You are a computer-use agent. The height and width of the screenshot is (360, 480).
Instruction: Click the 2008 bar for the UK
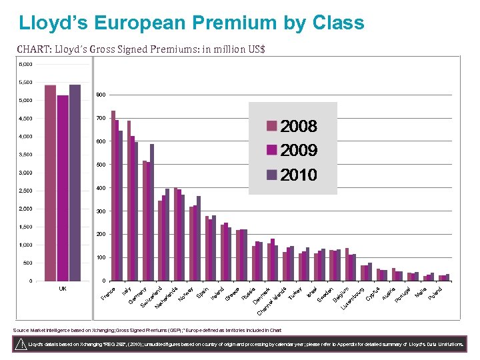(50, 183)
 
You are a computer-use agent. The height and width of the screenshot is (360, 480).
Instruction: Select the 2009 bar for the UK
(63, 187)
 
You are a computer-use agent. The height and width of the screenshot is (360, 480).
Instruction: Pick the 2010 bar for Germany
(136, 211)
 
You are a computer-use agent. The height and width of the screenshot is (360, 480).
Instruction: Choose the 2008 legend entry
(292, 127)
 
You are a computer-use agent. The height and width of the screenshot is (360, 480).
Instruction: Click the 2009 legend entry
(292, 150)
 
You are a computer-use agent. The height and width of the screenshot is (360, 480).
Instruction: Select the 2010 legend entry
(292, 175)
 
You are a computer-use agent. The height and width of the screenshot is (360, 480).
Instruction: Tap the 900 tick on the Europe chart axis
(100, 95)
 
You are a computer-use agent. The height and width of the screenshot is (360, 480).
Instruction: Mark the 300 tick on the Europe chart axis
(100, 211)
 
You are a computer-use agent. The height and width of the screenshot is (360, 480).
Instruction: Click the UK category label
(62, 289)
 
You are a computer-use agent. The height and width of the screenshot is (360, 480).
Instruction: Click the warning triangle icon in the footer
(21, 344)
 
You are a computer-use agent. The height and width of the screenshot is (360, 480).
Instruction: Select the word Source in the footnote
(22, 330)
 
